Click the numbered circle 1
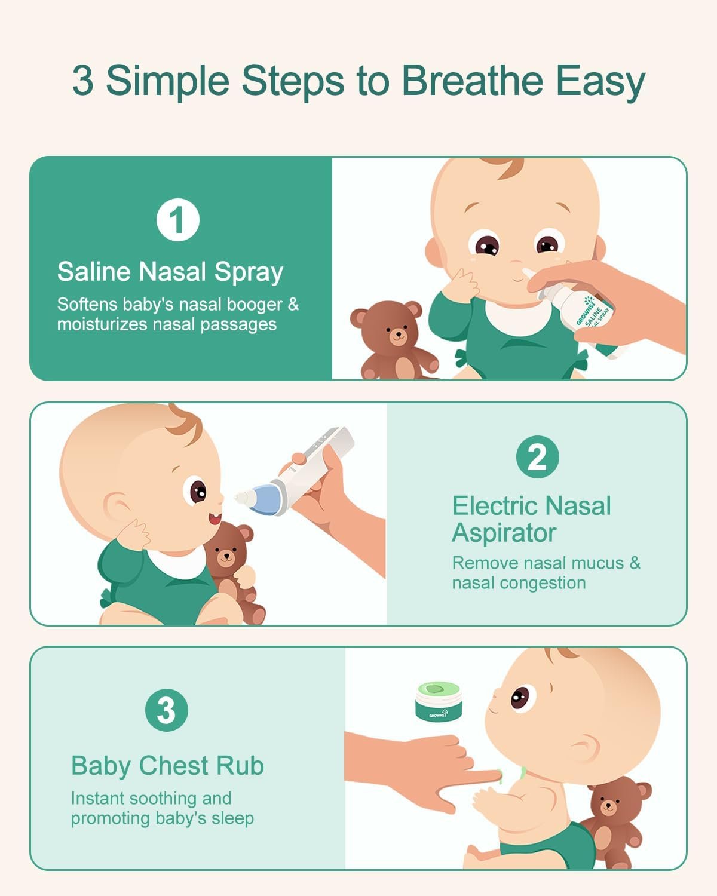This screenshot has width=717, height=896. click(178, 220)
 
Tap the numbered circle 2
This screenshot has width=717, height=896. click(537, 457)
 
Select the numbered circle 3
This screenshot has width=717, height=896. click(167, 710)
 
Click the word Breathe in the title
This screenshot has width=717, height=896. click(473, 81)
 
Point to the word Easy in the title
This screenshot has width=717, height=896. click(600, 82)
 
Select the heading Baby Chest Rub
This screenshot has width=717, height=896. click(167, 766)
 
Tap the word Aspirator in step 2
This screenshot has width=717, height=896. click(504, 533)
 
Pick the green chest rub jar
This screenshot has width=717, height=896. click(439, 701)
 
